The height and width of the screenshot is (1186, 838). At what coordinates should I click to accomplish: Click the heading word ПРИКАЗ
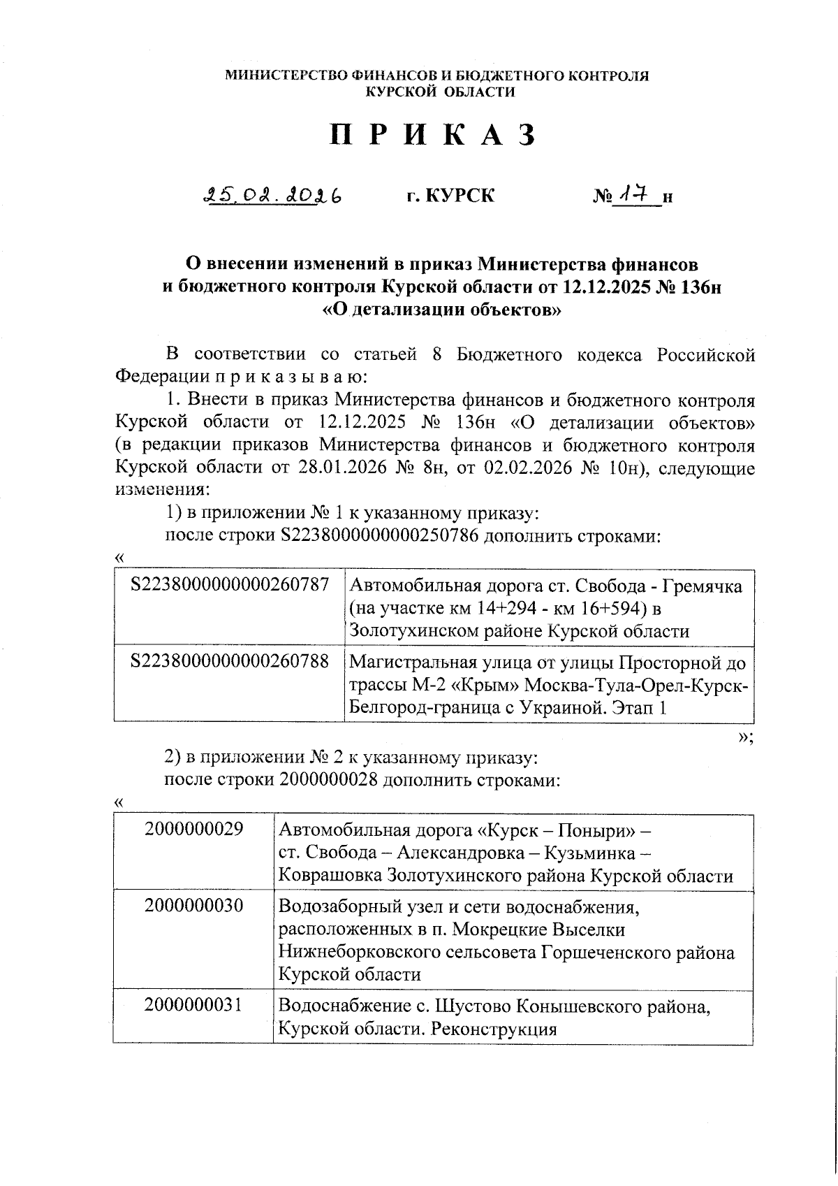(433, 135)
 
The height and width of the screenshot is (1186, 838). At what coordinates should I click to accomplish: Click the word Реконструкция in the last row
(493, 1029)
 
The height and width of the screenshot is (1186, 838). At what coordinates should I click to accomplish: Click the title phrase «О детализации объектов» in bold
(441, 310)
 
